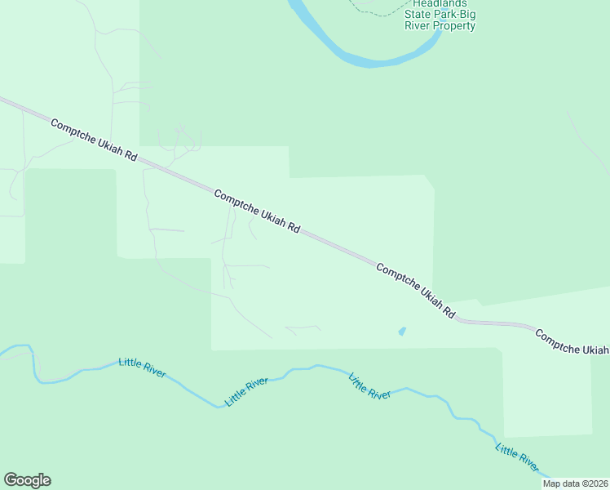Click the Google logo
click(x=27, y=480)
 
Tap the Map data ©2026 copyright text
click(x=575, y=483)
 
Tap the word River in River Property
click(x=418, y=26)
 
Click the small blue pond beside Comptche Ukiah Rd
click(x=400, y=332)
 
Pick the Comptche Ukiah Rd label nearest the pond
click(x=415, y=290)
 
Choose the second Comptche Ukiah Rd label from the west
click(x=257, y=212)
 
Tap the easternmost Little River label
click(x=517, y=459)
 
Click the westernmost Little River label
click(x=143, y=368)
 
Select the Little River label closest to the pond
click(x=369, y=386)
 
